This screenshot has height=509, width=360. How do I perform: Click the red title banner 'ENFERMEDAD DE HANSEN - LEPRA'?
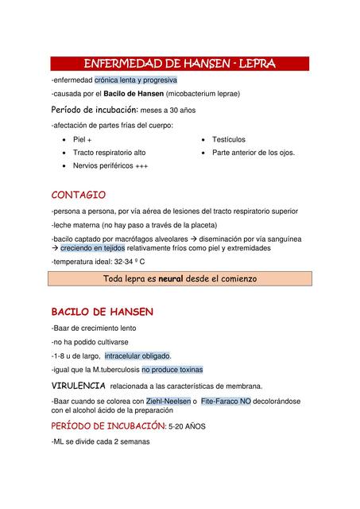pos(180,64)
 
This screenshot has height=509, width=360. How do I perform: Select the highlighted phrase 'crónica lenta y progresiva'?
pos(136,80)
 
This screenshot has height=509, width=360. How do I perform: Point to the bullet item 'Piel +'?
pos(83,138)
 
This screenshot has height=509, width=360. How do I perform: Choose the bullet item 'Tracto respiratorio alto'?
pos(109,152)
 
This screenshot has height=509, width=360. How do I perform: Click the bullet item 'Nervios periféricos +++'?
pos(110,165)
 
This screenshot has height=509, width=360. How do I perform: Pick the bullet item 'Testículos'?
pos(229,138)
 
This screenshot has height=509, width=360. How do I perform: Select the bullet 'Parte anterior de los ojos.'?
pos(253,152)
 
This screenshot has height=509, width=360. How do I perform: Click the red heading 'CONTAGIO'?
pos(78,195)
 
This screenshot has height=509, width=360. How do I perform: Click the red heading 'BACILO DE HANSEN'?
pos(102,312)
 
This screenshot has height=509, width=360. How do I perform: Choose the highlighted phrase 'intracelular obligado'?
pos(137,356)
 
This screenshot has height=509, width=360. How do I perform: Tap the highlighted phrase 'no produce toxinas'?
pos(172,369)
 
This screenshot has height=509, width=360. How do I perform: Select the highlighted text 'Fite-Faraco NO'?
pos(226,401)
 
